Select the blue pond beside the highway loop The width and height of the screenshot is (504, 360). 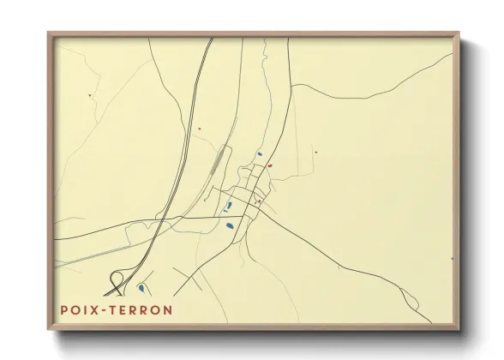(140, 288)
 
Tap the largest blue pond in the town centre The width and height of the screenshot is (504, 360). (229, 226)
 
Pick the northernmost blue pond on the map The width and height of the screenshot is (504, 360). (259, 154)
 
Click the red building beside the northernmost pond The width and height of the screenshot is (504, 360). (269, 165)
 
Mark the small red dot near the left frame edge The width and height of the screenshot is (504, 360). (89, 95)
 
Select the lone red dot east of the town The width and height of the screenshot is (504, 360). (315, 153)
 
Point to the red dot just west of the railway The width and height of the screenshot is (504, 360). (199, 129)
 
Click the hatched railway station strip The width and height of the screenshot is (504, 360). (219, 160)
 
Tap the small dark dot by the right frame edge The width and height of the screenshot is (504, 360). (451, 257)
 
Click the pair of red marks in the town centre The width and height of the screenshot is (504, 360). (257, 201)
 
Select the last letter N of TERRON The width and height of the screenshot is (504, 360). (168, 309)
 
